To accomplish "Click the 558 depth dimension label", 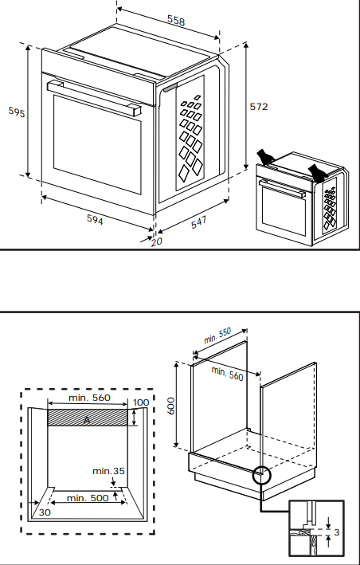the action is [x=176, y=20].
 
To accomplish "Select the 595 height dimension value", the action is [x=17, y=112].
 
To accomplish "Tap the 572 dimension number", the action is [x=259, y=107].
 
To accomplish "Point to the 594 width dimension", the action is [x=95, y=219].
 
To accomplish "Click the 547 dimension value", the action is [x=199, y=222].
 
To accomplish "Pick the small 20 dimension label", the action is [x=157, y=241].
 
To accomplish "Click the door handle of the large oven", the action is [x=94, y=97].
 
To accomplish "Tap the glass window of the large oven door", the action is [x=97, y=144].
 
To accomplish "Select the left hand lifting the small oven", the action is [x=266, y=157].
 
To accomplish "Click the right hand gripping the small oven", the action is [x=318, y=172].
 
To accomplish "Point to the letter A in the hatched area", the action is [x=87, y=420].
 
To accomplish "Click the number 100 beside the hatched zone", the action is [x=141, y=402].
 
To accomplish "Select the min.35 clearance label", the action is [x=108, y=471].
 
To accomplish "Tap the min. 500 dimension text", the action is [x=88, y=498].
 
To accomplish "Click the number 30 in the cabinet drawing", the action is [x=45, y=512].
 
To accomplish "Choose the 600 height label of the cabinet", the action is [x=171, y=406].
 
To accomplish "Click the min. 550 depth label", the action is [x=217, y=335].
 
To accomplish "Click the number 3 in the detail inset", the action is [x=337, y=532].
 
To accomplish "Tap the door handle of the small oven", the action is [x=282, y=189].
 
